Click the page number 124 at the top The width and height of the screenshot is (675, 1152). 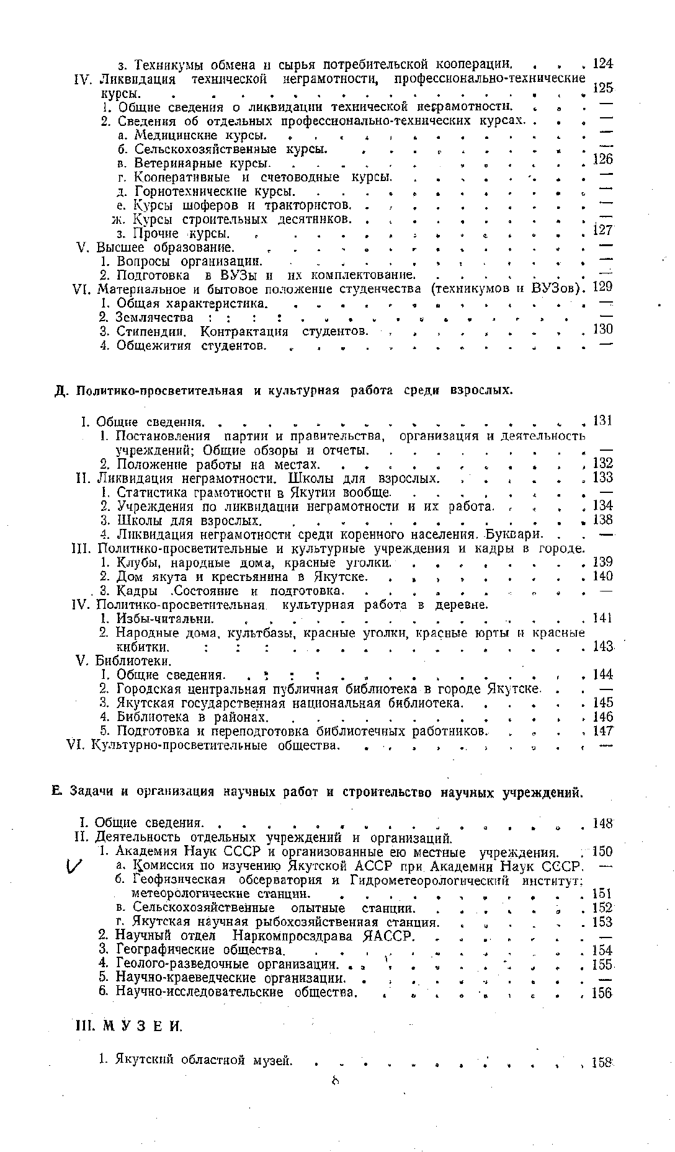[x=602, y=63]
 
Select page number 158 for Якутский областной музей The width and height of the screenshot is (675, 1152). [x=602, y=1061]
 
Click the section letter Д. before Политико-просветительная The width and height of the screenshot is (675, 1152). [x=60, y=391]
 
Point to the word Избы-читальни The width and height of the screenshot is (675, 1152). [x=166, y=619]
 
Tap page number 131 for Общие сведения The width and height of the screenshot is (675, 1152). [x=602, y=421]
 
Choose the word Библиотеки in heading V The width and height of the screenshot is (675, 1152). [x=130, y=661]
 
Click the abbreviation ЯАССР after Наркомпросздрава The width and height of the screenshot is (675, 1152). [x=388, y=936]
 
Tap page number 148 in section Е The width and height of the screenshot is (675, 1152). [x=602, y=823]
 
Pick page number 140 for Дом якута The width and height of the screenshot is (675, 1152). [x=602, y=577]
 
